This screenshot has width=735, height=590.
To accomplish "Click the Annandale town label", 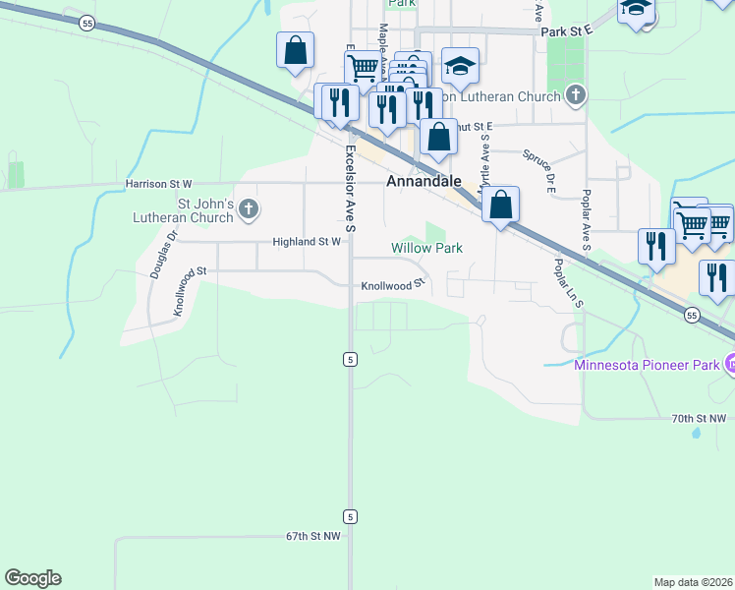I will (x=424, y=182).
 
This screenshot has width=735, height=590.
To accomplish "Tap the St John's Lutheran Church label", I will (x=204, y=210).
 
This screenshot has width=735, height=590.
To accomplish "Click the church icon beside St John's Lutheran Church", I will (x=250, y=208).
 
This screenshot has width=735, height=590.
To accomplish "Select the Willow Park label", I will (x=426, y=249).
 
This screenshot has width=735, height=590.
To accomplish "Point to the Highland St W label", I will (x=307, y=241).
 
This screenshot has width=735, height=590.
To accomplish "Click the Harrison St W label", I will (x=158, y=184).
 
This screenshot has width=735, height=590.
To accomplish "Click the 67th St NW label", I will (x=312, y=537).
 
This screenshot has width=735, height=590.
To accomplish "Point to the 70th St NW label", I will (x=699, y=419).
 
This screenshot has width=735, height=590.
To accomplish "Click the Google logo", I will (x=32, y=578).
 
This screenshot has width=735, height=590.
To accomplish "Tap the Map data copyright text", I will (x=694, y=581).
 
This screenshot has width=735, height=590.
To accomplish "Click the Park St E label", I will (x=568, y=31).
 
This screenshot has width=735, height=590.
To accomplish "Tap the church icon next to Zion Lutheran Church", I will (x=577, y=96).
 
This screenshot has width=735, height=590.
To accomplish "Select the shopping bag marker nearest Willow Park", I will (x=501, y=206).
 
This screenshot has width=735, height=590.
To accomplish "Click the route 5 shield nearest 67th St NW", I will (x=349, y=516).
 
